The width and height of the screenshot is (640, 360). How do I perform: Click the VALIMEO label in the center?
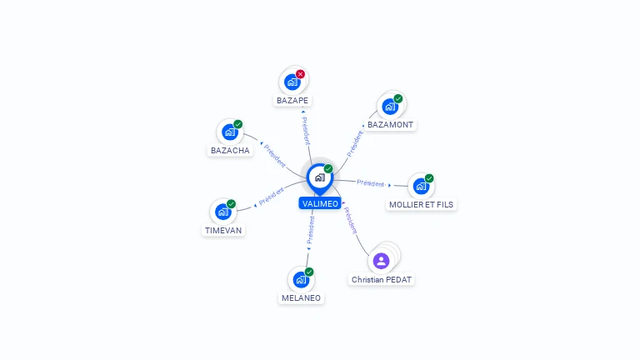click(320, 204)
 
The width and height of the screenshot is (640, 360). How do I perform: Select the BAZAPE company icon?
click(292, 82)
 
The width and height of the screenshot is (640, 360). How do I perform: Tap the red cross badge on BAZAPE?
click(301, 74)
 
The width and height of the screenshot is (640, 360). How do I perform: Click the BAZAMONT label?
click(390, 125)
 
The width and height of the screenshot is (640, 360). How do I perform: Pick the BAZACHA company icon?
click(229, 132)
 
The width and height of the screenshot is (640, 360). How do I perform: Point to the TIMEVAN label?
click(223, 231)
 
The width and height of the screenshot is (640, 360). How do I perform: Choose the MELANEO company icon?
click(301, 280)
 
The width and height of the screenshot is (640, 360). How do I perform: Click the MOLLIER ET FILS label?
click(422, 204)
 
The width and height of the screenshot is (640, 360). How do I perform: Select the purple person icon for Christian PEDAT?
click(382, 261)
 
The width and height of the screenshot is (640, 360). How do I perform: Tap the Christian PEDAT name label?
click(382, 280)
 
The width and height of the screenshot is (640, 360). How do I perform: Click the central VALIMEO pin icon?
click(319, 177)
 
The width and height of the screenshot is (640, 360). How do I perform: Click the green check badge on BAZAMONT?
click(398, 98)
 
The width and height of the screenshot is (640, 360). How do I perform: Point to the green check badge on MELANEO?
click(309, 272)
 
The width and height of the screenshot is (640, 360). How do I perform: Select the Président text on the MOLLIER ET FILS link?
click(371, 183)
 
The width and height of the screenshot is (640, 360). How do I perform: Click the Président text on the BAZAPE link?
click(306, 133)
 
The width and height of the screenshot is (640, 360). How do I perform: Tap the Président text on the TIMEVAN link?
click(272, 197)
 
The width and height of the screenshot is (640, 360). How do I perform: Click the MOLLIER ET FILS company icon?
click(421, 186)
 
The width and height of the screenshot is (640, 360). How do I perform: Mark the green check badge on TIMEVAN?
click(231, 204)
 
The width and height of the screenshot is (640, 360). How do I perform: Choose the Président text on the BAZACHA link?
click(275, 156)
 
